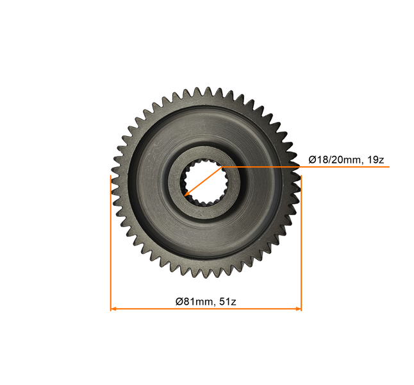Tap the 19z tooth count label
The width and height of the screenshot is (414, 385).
point(374,159)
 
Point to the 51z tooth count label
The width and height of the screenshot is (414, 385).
point(229,301)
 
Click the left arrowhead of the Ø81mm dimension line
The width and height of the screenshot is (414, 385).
point(113,309)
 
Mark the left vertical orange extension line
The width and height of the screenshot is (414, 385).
point(111,244)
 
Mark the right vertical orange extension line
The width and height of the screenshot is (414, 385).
point(301,244)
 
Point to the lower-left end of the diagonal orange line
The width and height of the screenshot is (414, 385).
point(185,194)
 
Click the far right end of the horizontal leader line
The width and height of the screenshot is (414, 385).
point(388,167)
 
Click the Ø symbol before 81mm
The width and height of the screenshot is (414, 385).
point(179,301)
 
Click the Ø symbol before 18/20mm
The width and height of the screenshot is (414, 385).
point(312,159)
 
